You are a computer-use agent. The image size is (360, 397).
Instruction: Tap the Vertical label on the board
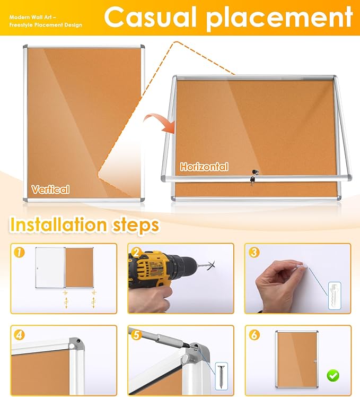(50, 189)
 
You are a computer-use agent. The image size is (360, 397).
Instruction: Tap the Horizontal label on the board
(204, 167)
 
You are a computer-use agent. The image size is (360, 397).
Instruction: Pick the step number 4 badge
(19, 335)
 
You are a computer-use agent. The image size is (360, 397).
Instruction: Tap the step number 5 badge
(136, 335)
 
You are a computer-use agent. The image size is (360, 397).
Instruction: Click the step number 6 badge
(253, 335)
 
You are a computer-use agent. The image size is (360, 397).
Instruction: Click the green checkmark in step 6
(333, 376)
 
